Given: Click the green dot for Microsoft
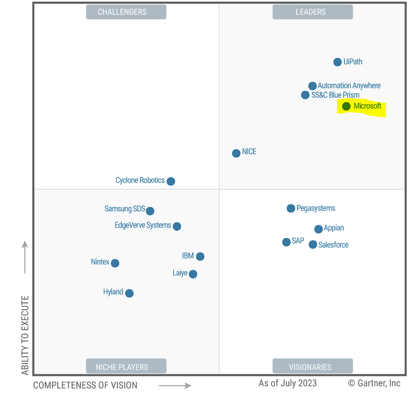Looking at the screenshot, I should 346,106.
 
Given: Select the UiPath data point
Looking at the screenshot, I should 337,62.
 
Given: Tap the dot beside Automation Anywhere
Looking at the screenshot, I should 312,86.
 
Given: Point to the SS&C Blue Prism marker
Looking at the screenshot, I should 305,95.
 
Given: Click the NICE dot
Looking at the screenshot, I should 236,153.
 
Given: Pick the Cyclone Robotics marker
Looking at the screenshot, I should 171,181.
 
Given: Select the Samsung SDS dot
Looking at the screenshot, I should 150,211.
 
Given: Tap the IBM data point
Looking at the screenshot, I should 200,257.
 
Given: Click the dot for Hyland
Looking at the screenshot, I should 129,293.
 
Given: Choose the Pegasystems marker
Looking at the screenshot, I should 291,209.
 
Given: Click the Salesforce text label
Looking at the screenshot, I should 333,245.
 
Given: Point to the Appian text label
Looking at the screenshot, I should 334,228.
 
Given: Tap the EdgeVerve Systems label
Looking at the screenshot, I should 143,225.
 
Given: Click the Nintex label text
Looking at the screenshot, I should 100,262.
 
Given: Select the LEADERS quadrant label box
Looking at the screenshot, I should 312,12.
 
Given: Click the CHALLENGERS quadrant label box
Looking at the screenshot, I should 126,12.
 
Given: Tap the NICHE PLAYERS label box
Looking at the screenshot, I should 126,367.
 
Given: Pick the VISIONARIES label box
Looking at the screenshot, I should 312,367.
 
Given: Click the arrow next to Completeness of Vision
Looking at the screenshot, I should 175,385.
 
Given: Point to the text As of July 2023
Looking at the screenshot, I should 288,383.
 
